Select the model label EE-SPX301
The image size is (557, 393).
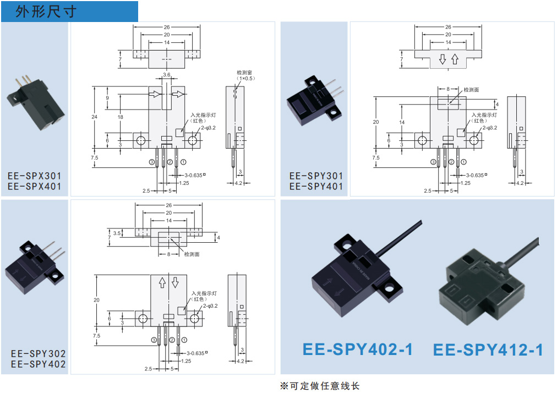click(35, 176)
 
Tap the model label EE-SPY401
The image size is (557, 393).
click(316, 187)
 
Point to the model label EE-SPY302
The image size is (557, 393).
click(38, 353)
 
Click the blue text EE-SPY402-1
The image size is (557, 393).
click(358, 349)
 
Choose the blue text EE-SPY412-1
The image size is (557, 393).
click(488, 349)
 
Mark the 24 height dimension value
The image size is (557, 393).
click(95, 117)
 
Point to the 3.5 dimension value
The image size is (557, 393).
click(117, 233)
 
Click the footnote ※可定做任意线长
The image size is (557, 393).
click(320, 386)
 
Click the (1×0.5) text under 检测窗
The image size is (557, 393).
click(244, 79)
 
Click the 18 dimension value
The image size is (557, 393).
click(121, 117)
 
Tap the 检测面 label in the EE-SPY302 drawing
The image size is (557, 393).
click(192, 254)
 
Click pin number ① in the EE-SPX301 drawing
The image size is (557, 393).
click(183, 162)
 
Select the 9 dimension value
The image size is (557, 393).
click(108, 98)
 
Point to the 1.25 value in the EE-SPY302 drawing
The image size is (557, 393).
click(185, 361)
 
